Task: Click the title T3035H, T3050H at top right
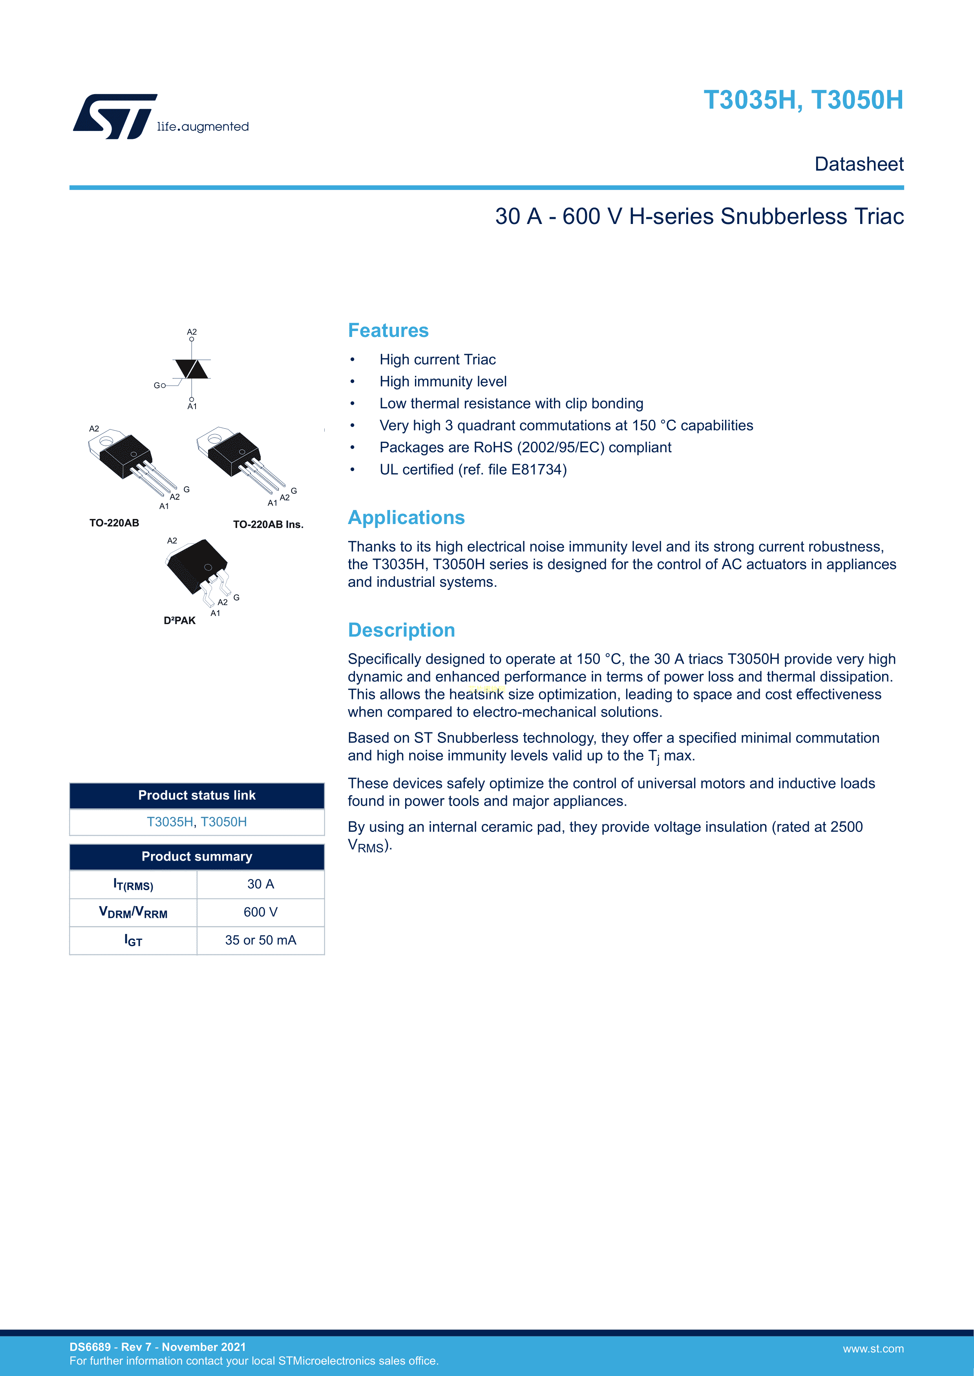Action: [x=803, y=100]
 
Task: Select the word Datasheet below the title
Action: [x=859, y=164]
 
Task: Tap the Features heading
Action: [x=388, y=330]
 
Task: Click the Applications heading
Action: [x=406, y=517]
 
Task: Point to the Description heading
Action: [x=401, y=630]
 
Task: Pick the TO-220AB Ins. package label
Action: [x=268, y=524]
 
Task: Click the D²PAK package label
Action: [x=179, y=620]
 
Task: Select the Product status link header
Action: [x=197, y=795]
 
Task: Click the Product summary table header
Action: [x=197, y=856]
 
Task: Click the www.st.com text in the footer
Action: [x=873, y=1349]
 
